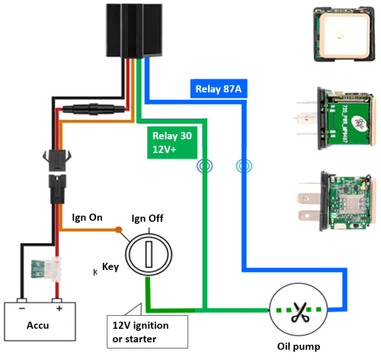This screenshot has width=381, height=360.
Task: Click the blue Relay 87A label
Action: (x=219, y=88)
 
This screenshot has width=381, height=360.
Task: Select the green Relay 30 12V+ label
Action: (x=172, y=143)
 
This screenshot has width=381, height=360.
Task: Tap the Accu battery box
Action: (x=40, y=321)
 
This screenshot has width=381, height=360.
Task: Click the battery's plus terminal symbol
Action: (x=59, y=308)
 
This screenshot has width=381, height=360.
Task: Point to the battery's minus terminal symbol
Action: (x=22, y=308)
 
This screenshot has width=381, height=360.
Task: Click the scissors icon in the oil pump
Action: (x=300, y=312)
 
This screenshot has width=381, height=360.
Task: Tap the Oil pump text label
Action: (x=299, y=347)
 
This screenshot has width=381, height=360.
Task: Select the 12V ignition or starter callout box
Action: (x=147, y=332)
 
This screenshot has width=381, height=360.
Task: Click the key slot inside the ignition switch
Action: (x=149, y=254)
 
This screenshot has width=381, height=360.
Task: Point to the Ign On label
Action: (x=87, y=217)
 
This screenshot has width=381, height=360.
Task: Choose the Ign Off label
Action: (x=147, y=218)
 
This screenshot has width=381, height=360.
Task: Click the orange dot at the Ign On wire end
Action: (x=118, y=230)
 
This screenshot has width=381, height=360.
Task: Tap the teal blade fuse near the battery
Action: (x=38, y=269)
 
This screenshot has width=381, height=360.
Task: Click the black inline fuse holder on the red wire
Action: (x=94, y=109)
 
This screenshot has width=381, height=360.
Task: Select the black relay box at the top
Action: (x=134, y=31)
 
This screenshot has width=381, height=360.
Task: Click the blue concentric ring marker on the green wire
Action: (x=204, y=166)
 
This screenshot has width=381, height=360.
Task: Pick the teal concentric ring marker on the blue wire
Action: (x=244, y=166)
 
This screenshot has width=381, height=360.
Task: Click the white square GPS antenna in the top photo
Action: (x=344, y=35)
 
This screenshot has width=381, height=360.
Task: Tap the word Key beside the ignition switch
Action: (x=110, y=267)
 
